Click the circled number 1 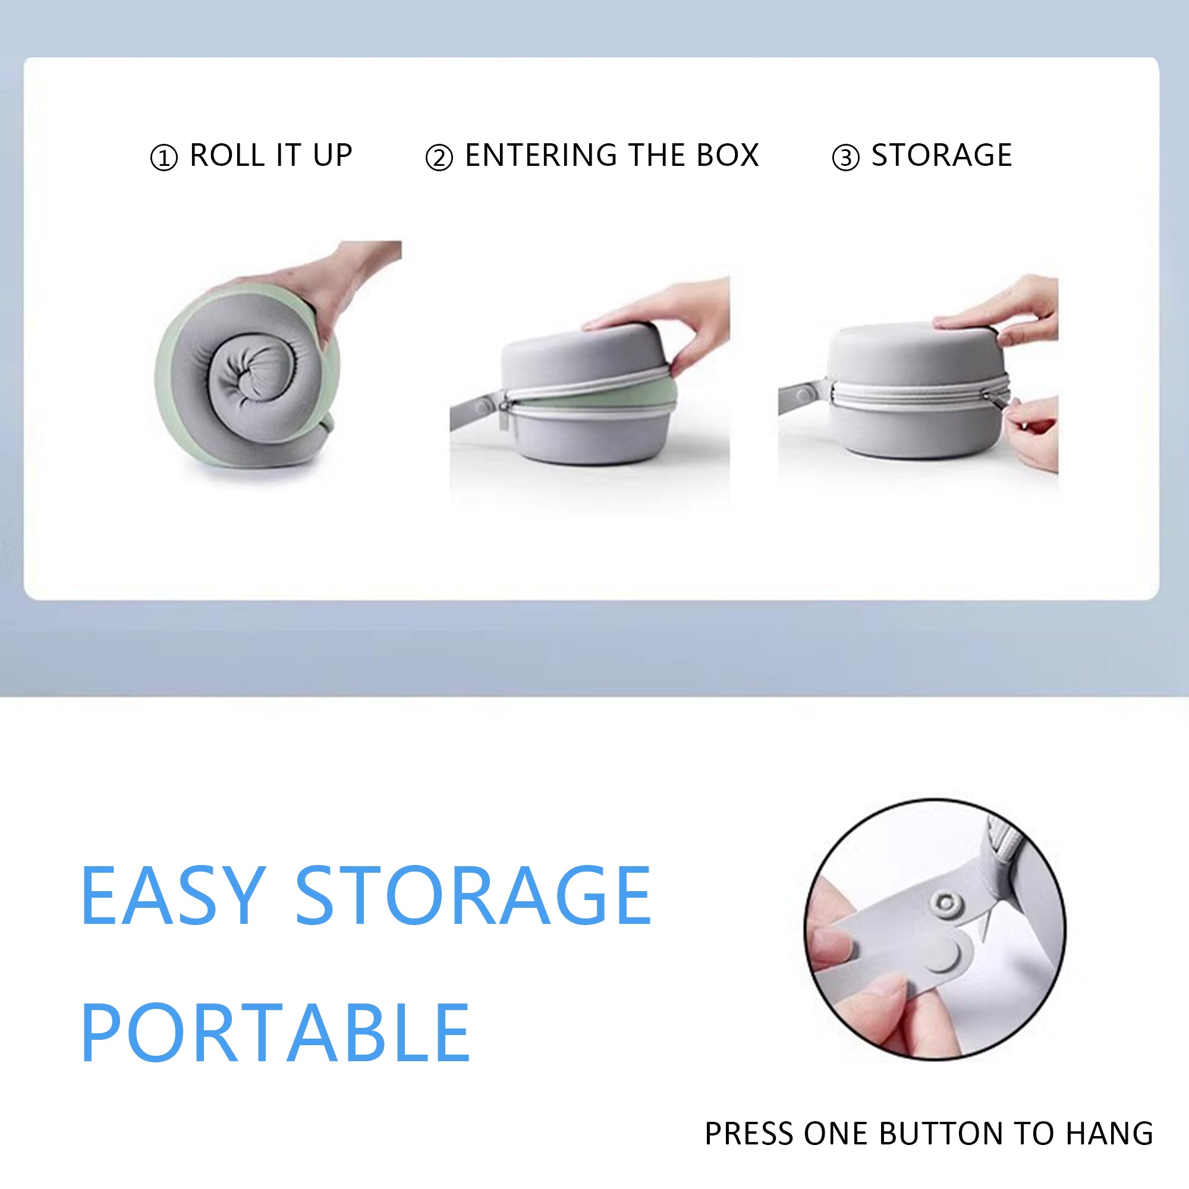163,158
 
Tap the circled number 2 439,158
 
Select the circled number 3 845,158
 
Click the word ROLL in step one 228,155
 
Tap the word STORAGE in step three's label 942,155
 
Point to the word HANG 1109,1134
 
